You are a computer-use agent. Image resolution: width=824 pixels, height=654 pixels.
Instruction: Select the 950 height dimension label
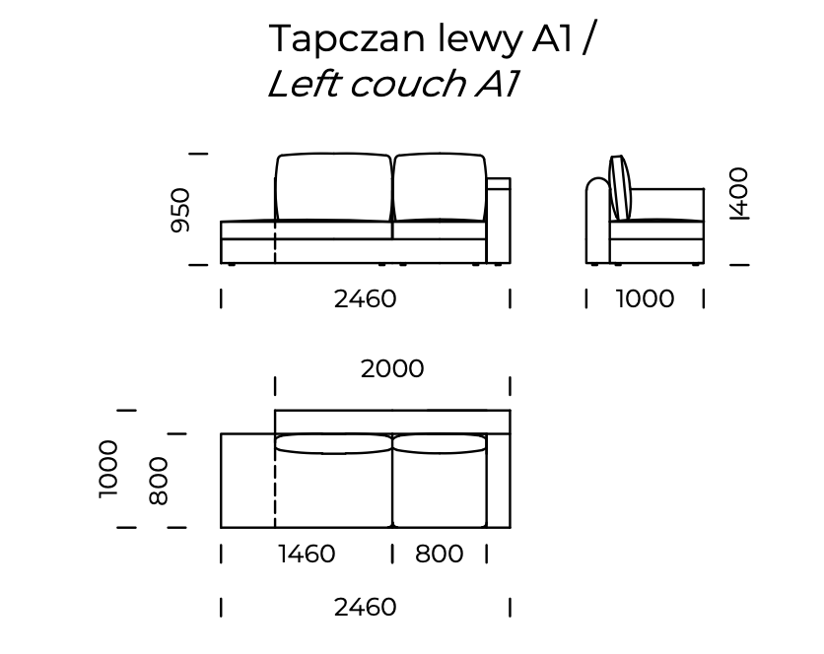180,210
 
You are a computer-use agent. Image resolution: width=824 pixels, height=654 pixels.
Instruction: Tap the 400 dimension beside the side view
738,193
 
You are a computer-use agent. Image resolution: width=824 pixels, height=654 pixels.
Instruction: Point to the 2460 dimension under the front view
365,298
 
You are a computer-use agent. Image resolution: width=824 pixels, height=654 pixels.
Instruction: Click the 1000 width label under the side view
646,298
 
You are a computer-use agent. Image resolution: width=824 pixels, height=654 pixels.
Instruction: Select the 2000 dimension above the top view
392,368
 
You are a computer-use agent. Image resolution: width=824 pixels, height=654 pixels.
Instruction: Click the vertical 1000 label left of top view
108,469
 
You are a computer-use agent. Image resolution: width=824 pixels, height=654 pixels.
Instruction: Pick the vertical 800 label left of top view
159,480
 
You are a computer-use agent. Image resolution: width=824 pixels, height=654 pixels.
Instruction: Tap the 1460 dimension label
307,555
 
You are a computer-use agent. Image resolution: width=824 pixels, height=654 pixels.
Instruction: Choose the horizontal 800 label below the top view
440,555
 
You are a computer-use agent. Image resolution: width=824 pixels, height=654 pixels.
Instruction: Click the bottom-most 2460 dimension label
365,608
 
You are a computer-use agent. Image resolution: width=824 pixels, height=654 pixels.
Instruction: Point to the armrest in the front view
499,221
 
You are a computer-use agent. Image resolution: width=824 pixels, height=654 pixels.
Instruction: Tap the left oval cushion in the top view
333,444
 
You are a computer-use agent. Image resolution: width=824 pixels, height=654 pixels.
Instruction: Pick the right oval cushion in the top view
440,444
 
